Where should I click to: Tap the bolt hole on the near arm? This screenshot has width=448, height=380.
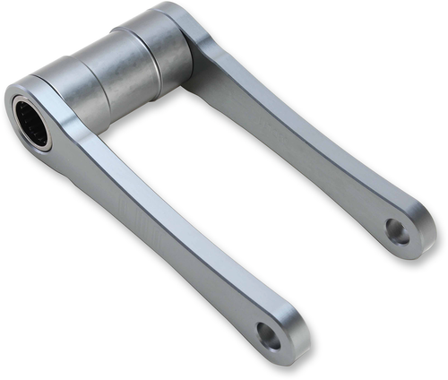tap(267, 335)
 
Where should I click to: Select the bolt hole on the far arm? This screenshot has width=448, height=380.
tap(398, 232)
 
